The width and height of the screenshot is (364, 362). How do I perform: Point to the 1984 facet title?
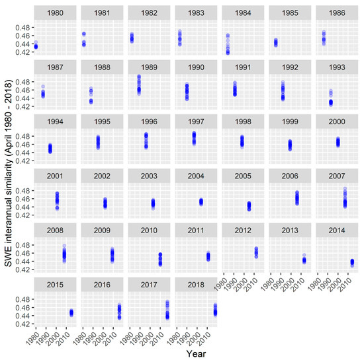coord(242,13)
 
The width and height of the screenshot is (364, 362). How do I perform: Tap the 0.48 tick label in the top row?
coord(22,27)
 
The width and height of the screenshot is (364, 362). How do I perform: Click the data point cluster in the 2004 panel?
coord(201,201)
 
